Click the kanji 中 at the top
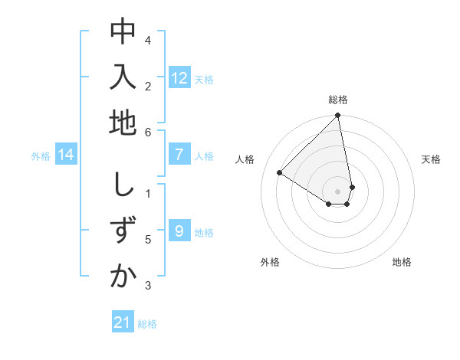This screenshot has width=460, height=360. pos(123,32)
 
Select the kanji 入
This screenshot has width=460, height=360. pos(123,77)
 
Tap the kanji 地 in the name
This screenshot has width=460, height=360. pos(123,123)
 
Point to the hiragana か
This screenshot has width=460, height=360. pos(123,277)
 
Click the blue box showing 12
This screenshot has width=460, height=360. pos(179,78)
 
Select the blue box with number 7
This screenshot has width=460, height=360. pos(179,155)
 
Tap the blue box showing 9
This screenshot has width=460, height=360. pos(179,231)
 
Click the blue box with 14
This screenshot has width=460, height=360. pos(66,155)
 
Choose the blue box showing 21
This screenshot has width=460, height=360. pos(123,322)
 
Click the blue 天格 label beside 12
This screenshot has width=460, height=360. pos(204,80)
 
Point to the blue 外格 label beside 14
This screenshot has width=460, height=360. pos(41,156)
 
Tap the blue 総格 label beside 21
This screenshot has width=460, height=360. pos(147,324)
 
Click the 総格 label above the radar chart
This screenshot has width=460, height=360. pos(338,100)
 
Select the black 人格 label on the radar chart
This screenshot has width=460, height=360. pos(245,159)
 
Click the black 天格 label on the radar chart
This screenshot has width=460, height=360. pos(432,159)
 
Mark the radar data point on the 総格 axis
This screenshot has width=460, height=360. pos(338,116)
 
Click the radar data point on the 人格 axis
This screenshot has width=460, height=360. pos(280,172)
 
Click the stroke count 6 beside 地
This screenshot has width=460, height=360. pos(148,132)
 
